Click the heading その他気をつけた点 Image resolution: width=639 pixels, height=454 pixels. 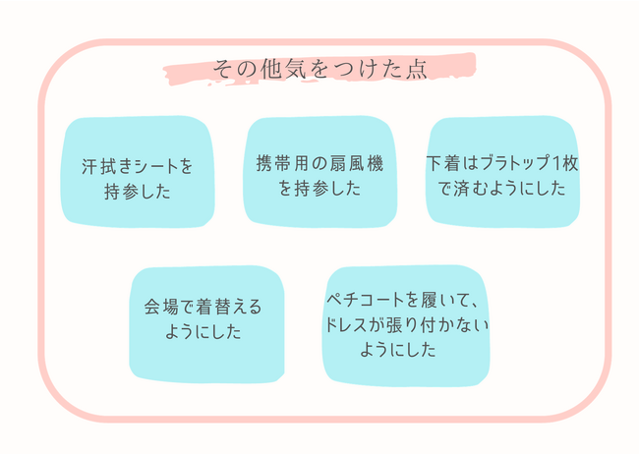319,71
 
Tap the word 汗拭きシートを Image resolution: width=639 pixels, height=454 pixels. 138,166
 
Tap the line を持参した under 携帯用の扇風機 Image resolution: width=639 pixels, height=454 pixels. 319,189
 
